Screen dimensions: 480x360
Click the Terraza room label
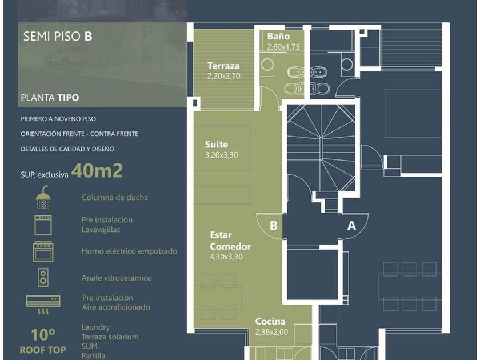223,66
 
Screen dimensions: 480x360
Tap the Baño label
278,37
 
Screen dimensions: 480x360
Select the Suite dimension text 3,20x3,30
221,155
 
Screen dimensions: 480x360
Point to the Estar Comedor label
230,241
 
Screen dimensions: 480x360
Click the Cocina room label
270,321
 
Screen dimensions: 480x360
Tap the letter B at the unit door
273,226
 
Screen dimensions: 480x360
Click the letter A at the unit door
352,226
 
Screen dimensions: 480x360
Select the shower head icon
43,197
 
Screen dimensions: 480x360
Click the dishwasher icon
43,225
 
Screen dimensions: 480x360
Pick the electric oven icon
43,251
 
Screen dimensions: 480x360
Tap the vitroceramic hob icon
43,277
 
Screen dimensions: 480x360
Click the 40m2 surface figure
97,170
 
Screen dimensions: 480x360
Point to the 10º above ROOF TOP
43,335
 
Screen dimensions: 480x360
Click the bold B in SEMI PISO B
88,36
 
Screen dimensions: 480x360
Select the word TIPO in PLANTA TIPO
68,98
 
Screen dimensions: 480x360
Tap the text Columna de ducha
115,198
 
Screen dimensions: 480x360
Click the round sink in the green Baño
267,65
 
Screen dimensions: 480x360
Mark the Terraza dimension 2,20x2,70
224,76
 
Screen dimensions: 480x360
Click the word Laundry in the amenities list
95,327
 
